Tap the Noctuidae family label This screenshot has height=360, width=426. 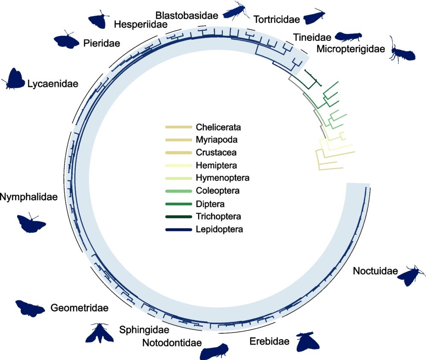[375, 271]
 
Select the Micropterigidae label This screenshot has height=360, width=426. [351, 49]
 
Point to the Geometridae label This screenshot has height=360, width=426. [79, 308]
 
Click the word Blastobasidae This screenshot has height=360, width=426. [187, 16]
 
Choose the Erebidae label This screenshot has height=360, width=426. [269, 341]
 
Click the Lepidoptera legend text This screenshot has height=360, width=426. [219, 230]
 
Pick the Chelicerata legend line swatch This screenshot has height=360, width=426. [178, 127]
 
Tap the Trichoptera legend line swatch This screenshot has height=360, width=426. [178, 217]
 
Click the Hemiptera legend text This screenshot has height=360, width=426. [216, 165]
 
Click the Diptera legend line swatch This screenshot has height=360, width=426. [178, 204]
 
